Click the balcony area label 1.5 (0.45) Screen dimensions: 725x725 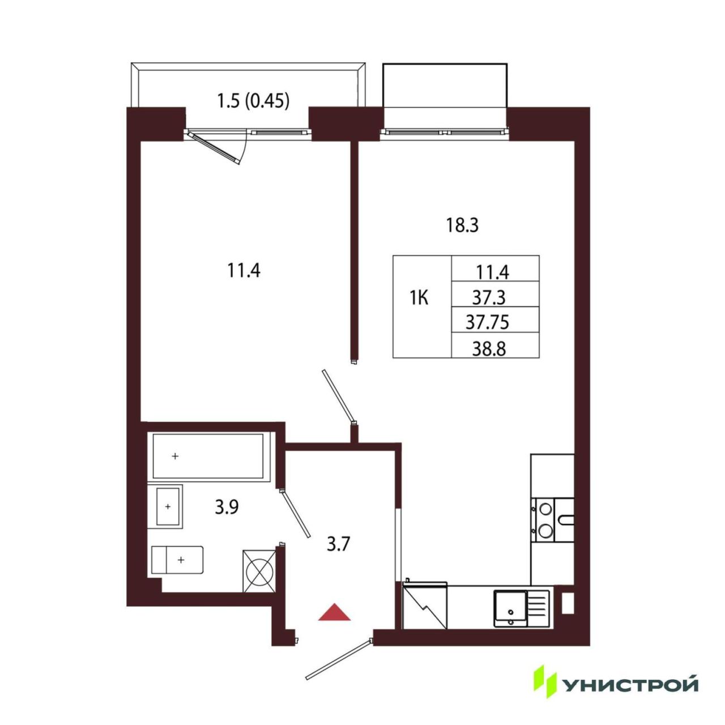253,101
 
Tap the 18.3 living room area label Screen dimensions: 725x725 462,225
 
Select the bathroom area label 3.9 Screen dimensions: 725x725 227,507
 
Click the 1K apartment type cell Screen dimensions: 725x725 419,299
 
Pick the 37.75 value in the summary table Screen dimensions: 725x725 487,322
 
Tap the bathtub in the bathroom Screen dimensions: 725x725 208,457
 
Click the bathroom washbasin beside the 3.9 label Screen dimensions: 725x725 169,506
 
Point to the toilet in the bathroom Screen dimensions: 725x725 177,560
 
